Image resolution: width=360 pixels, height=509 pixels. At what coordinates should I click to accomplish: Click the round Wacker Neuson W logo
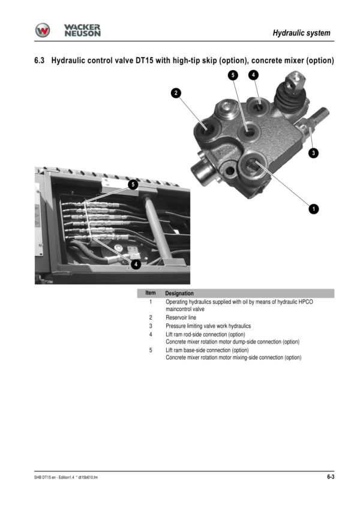(43, 31)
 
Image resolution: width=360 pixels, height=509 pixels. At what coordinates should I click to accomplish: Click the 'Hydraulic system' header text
(301, 33)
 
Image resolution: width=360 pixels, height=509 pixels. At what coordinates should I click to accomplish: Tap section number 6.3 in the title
(40, 61)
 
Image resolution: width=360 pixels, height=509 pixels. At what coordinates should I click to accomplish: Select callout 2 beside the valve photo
(176, 93)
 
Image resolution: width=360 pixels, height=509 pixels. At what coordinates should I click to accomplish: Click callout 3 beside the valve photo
(313, 153)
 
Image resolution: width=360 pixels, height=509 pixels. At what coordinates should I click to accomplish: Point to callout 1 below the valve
(314, 209)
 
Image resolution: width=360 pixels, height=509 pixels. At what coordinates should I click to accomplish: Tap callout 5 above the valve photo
(233, 76)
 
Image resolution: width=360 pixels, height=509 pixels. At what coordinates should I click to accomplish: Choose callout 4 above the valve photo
(253, 75)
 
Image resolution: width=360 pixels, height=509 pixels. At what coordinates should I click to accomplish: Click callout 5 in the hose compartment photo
(133, 185)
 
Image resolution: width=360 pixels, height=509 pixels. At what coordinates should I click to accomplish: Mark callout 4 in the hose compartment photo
(136, 264)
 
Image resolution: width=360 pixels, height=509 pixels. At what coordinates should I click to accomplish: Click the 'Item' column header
(151, 293)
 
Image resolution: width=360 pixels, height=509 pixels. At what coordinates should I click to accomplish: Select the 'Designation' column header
(179, 293)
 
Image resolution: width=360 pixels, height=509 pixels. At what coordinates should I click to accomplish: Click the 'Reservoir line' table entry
(181, 318)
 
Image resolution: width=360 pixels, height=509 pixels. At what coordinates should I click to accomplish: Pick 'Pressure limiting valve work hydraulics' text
(208, 326)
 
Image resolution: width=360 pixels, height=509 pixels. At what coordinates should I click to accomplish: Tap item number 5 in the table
(151, 350)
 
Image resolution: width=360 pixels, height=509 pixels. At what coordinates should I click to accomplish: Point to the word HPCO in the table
(306, 302)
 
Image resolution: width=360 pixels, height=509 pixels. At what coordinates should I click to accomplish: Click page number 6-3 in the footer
(331, 477)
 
